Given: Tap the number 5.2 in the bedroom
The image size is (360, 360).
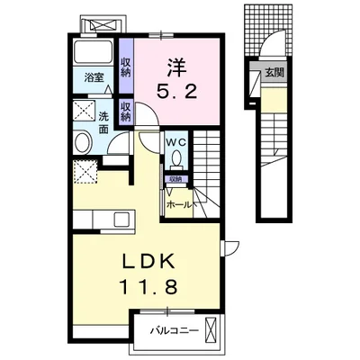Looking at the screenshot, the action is point(177,91).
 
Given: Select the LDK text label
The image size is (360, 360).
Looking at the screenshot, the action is point(148,262).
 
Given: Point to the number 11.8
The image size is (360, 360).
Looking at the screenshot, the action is point(148,286).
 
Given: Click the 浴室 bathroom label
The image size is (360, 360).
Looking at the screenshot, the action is point(94,78).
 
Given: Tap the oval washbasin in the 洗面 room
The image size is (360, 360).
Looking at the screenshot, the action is point(83,143).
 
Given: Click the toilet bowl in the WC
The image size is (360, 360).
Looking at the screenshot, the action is point(176,157).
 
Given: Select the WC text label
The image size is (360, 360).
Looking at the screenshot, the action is point(176,143).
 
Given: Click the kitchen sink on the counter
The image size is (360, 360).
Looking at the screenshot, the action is point(121,220).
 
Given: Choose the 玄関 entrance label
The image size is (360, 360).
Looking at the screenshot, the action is point(274,72).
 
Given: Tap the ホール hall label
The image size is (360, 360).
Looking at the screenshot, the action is point(178,205).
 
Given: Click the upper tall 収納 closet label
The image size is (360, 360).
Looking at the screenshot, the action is point(126,67).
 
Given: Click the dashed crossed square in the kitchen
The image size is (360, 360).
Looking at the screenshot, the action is point(85,172).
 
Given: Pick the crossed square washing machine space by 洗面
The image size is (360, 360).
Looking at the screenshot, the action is point(84,111).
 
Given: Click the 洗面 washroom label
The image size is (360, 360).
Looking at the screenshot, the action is point(103,122).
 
